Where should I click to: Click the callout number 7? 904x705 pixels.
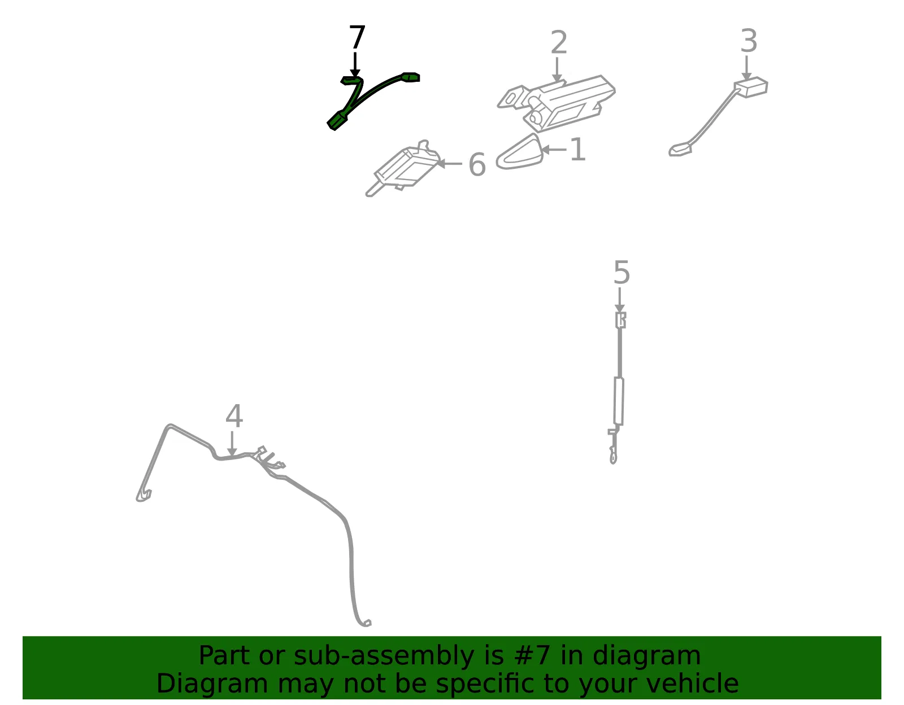pos(357,37)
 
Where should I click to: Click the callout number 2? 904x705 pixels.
pos(559,42)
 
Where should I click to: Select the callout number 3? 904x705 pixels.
pos(749,41)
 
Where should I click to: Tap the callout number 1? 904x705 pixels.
pos(578,149)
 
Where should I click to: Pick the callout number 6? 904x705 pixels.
pos(477,164)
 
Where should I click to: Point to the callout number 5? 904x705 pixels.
pos(621,273)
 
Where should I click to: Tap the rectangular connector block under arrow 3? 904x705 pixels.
pos(751,87)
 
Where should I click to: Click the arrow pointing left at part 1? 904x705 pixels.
pos(553,150)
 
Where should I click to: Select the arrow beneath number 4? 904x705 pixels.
pos(232,444)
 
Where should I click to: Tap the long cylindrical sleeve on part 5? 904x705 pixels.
pos(619,401)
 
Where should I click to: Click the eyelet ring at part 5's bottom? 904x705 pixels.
pos(613,458)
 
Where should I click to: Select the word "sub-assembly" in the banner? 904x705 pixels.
pos(384,656)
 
